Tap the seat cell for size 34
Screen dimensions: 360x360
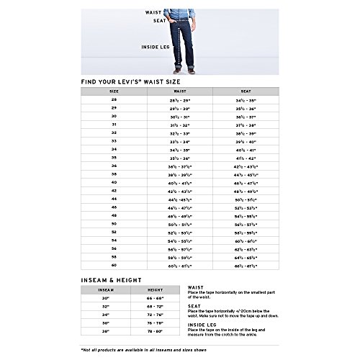pyautogui.click(x=245, y=152)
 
